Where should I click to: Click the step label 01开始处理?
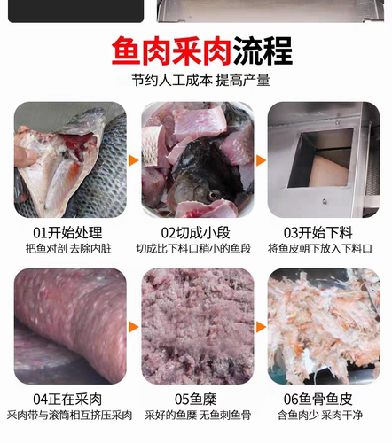pos(71,233)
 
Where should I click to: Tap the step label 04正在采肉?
pos(71,399)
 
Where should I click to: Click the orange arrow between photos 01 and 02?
pos(134,161)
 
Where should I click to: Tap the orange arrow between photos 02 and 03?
pos(261,161)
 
